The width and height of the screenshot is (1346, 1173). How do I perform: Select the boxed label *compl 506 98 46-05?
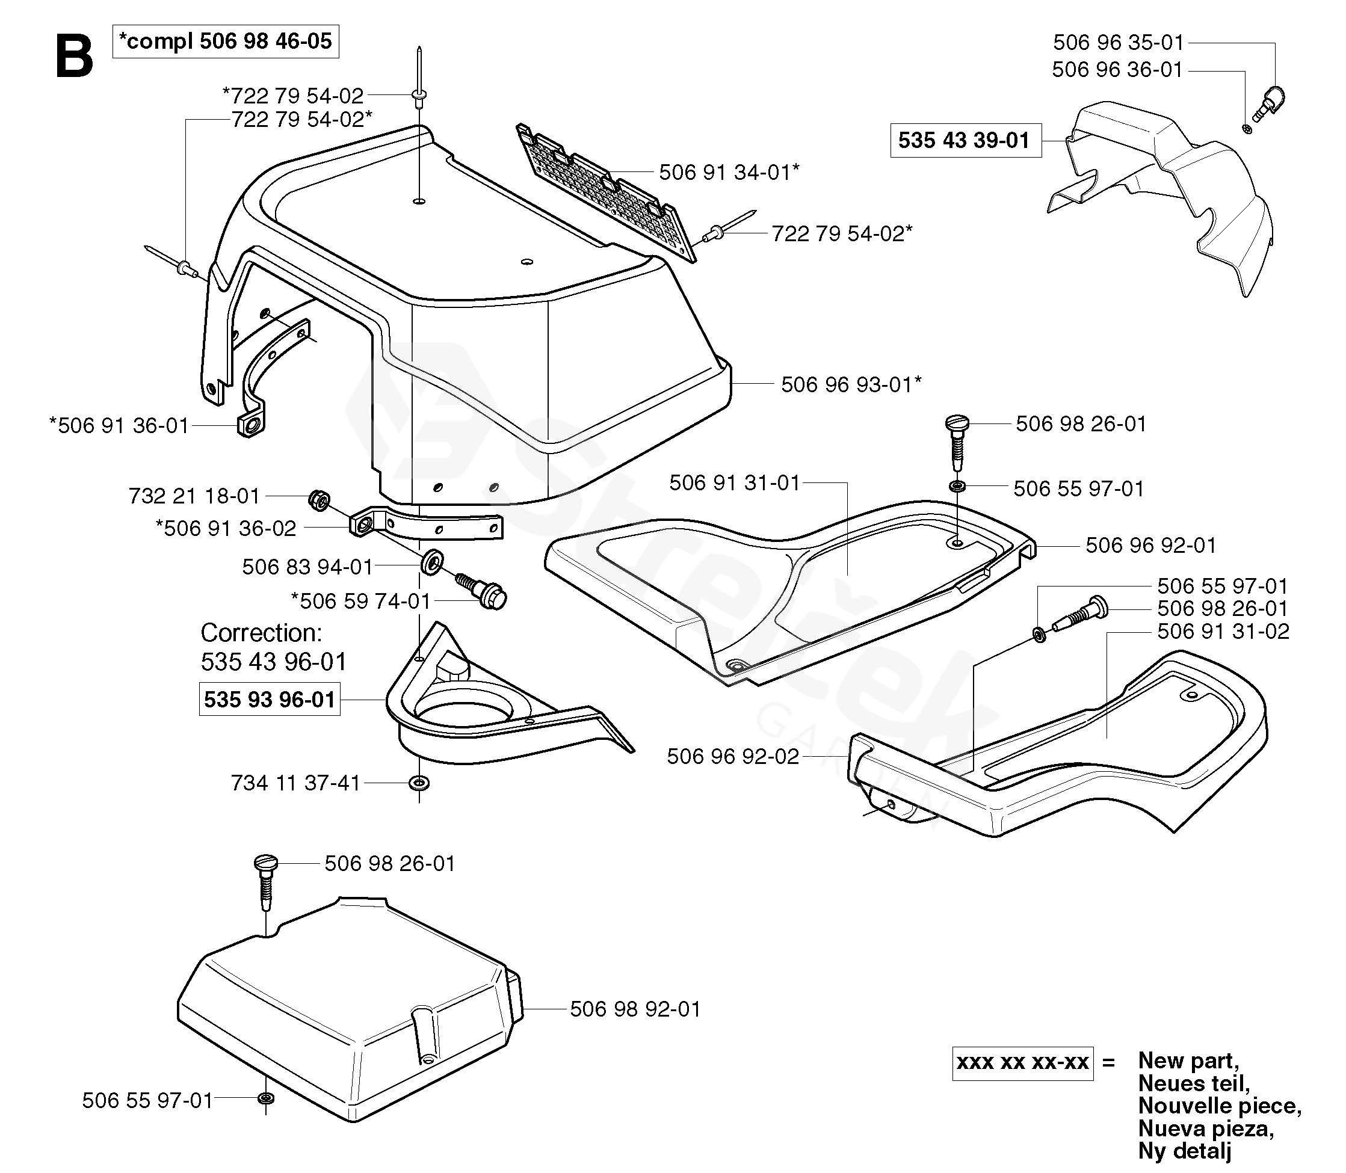coord(226,42)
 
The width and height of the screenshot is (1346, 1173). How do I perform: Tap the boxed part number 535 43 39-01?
coord(966,140)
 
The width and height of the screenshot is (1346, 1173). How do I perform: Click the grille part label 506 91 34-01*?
coord(729,172)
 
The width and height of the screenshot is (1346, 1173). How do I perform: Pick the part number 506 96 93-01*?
coord(851,384)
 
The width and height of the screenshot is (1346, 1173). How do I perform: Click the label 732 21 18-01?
coord(194,496)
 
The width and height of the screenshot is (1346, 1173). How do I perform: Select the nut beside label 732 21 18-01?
coord(319,500)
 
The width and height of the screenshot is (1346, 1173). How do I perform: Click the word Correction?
coord(261,633)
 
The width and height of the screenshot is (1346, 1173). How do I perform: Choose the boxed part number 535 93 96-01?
coord(270,699)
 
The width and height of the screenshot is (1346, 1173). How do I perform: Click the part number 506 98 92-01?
coord(635,1009)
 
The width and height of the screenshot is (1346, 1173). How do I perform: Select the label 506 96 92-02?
coord(733,757)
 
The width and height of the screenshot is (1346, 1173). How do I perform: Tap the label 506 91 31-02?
coord(1223,632)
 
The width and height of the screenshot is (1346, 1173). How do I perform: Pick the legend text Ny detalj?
coord(1185,1150)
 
